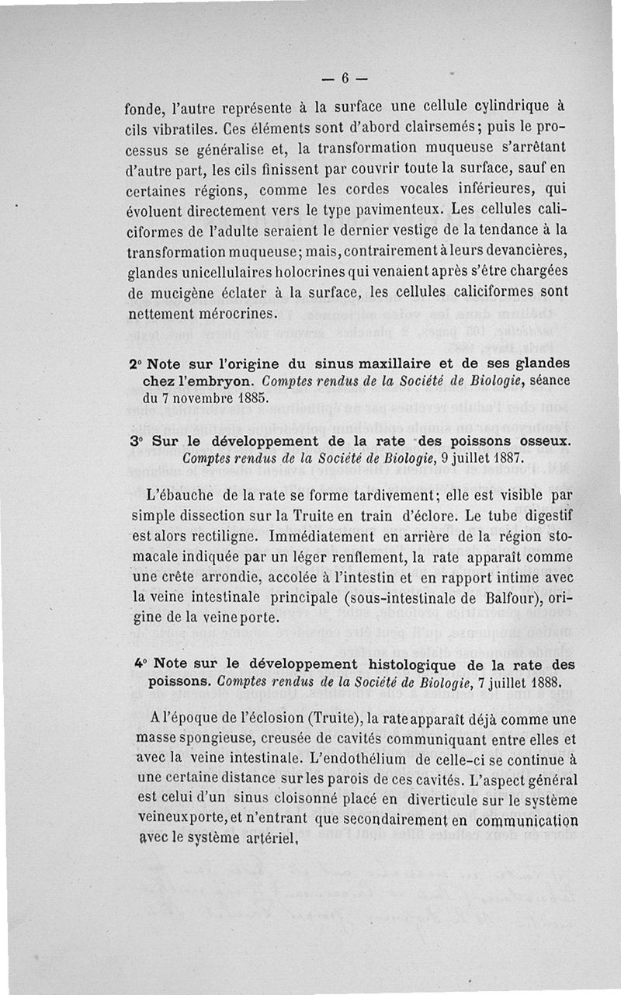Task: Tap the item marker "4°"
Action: click(140, 666)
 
